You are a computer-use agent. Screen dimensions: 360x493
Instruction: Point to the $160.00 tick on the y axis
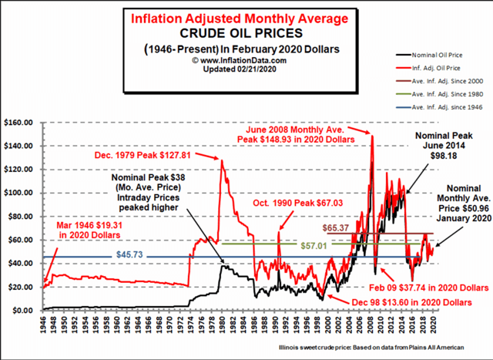click(x=18, y=122)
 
